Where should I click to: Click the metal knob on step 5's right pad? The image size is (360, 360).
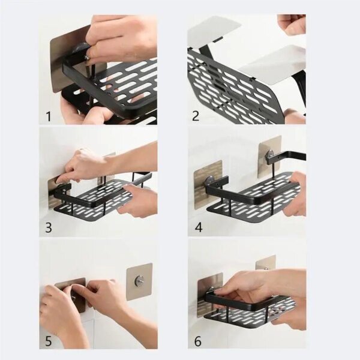tap(139, 280)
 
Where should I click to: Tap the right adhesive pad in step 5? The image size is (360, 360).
tap(139, 281)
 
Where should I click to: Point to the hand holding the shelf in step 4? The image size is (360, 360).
tap(295, 195)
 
